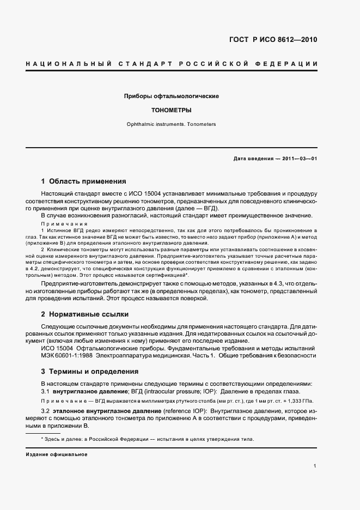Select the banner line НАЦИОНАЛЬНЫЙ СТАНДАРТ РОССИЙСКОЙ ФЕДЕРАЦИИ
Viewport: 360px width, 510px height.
click(172, 65)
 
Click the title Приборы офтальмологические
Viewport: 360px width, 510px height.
click(172, 96)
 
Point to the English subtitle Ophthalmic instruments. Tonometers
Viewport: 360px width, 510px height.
click(172, 124)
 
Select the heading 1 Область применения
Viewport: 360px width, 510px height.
click(84, 181)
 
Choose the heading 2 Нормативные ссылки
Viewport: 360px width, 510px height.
click(87, 314)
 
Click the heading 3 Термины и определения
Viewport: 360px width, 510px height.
click(90, 372)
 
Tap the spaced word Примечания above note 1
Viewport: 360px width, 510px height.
click(64, 223)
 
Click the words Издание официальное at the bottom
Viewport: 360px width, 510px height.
click(56, 454)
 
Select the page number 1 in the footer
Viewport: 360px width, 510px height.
click(315, 466)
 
